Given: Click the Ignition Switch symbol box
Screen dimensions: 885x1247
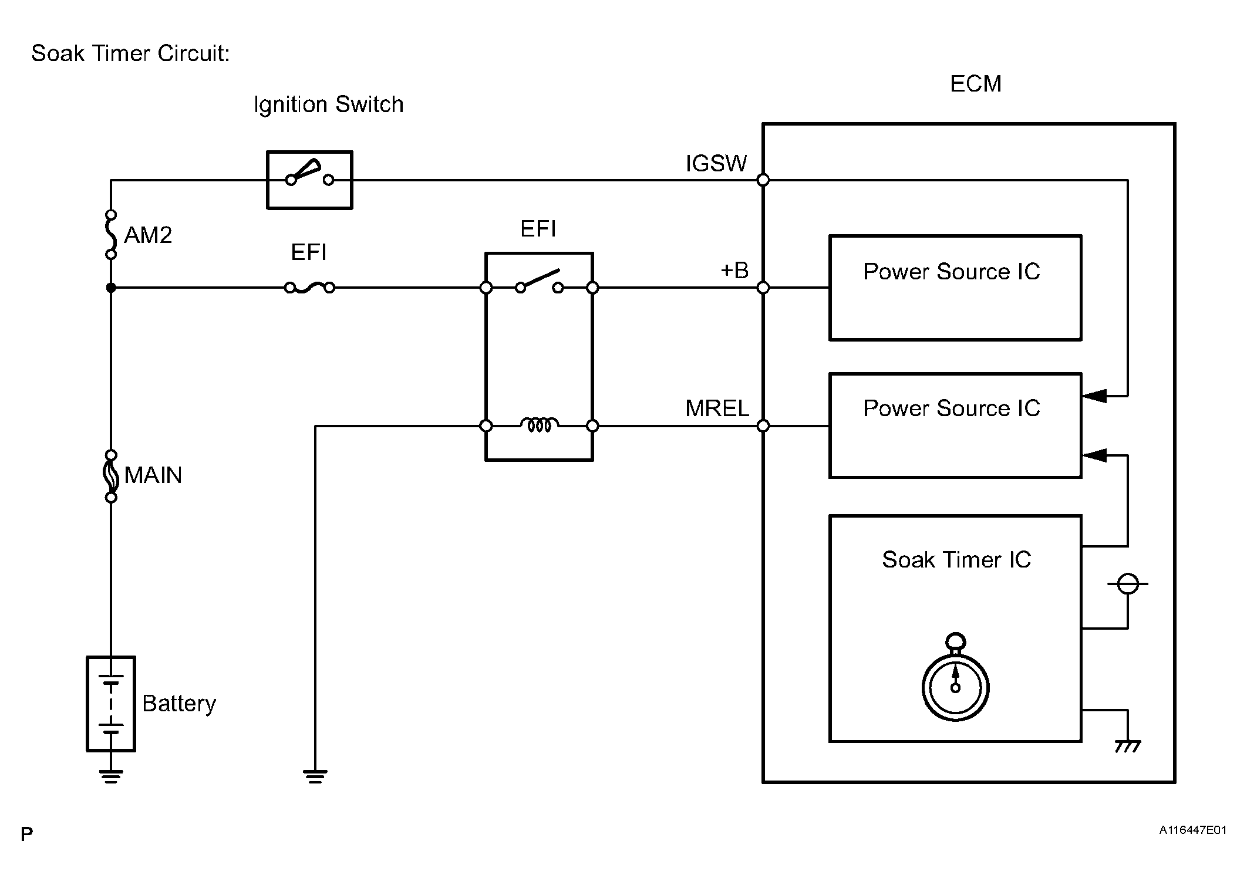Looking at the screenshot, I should click(309, 180).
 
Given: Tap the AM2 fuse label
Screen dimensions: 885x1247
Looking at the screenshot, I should click(148, 235).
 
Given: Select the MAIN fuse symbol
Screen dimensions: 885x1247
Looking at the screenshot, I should click(111, 476).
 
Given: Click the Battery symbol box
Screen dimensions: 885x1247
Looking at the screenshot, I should click(111, 704).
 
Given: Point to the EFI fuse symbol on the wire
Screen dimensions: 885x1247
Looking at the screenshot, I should click(309, 288).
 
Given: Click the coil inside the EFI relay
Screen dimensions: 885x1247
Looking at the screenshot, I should click(539, 425).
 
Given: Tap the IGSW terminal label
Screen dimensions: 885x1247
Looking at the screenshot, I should click(716, 164).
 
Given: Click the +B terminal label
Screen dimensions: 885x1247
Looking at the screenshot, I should click(734, 271).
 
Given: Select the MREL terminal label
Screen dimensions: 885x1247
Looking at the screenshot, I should click(717, 408).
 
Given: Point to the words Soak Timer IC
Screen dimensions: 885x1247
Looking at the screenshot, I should click(956, 560).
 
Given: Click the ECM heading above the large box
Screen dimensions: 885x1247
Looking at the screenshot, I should click(975, 84).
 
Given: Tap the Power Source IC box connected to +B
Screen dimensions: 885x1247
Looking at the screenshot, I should click(955, 288).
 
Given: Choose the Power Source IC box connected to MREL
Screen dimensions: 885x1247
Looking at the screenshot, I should click(955, 425).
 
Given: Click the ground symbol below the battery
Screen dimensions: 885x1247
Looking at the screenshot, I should click(111, 776).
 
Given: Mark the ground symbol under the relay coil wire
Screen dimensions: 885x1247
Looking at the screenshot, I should click(315, 776).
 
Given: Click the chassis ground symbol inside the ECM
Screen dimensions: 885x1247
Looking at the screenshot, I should click(1127, 746).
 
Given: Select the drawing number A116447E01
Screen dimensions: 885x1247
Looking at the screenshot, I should click(1192, 830).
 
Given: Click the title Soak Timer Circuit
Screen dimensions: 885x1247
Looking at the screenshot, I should click(130, 53).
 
